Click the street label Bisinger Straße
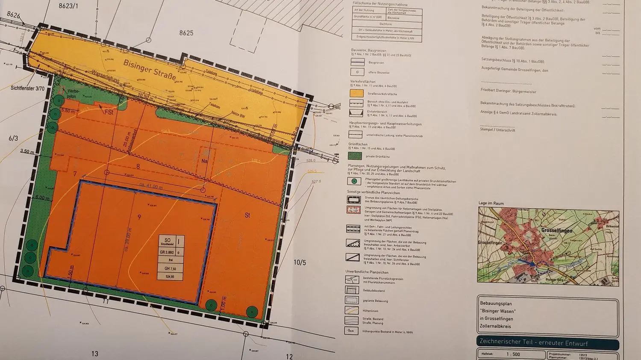[150, 70]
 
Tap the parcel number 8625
[186, 33]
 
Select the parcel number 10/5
[300, 262]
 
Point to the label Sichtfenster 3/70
[28, 89]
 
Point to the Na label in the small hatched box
[205, 161]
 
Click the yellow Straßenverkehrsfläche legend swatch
[357, 94]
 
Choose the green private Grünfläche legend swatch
[357, 156]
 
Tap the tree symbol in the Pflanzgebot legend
[354, 181]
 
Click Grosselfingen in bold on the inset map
[556, 230]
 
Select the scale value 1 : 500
[513, 354]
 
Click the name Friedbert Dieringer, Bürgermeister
[508, 91]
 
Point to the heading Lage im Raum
[491, 203]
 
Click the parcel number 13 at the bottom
[94, 354]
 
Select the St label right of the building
[247, 215]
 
